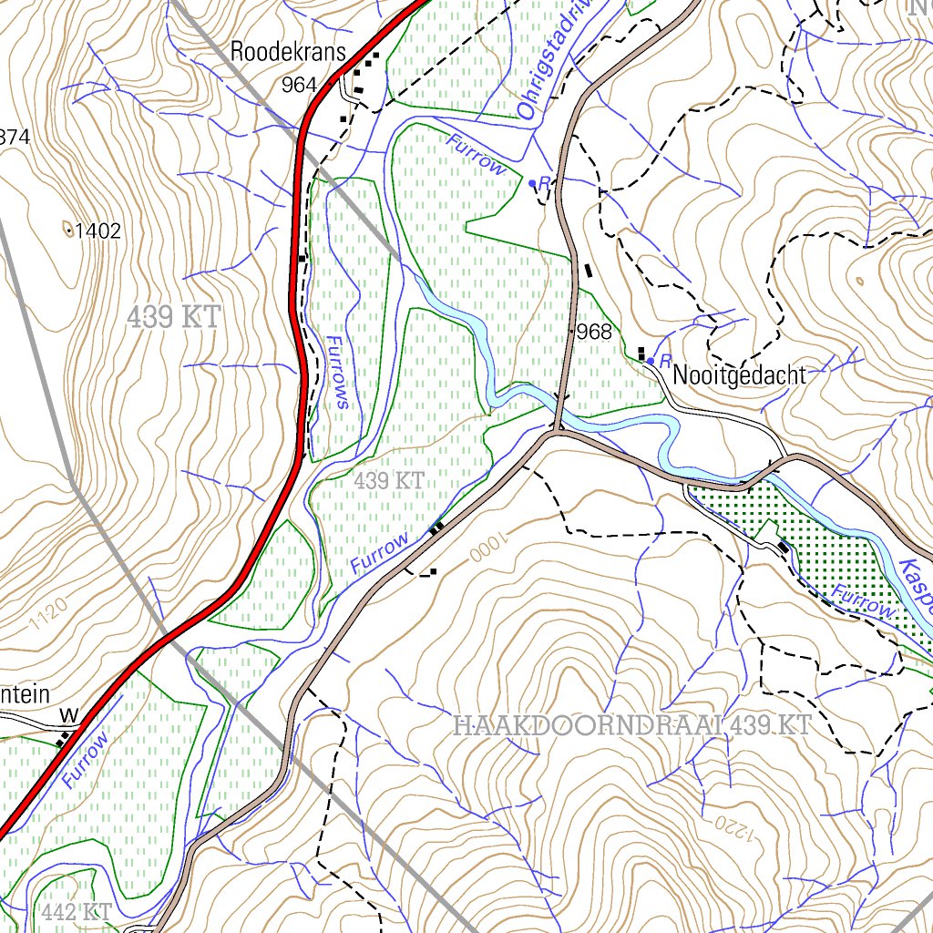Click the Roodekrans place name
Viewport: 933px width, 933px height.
[287, 52]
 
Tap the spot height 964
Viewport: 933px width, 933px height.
[299, 86]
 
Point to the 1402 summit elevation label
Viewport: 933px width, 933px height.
[97, 231]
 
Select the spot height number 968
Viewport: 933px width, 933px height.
[595, 332]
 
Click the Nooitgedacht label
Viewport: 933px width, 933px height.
[739, 375]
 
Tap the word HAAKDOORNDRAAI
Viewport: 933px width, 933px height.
[601, 726]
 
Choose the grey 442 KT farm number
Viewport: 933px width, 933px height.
[77, 911]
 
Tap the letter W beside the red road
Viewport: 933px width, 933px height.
[66, 713]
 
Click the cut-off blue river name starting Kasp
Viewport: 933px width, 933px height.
[917, 583]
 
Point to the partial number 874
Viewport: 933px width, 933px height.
[15, 138]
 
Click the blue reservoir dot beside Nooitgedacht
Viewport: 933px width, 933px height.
[650, 361]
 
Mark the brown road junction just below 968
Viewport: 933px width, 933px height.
[555, 432]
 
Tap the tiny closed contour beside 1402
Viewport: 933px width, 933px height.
[67, 230]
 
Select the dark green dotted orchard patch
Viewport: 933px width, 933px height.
[820, 547]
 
